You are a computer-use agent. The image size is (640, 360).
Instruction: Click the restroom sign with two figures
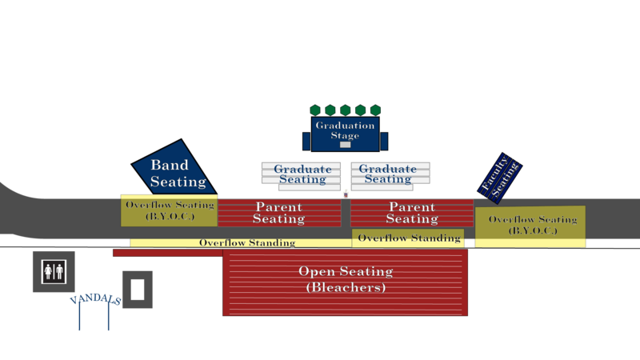[x=54, y=271]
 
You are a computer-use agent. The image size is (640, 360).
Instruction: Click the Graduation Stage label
[x=345, y=130]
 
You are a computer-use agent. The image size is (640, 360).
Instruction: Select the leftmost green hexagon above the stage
[x=314, y=110]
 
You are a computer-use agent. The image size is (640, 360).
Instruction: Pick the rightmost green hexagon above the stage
[x=375, y=110]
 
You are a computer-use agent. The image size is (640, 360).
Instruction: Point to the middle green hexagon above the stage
[x=345, y=110]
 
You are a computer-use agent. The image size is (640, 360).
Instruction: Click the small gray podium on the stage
[x=345, y=145]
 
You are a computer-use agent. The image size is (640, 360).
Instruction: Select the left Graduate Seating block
[x=302, y=174]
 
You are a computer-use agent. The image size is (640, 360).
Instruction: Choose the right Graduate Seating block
[x=390, y=174]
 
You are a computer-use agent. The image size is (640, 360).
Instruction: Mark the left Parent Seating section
[x=278, y=213]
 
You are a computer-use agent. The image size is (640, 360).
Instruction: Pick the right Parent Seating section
[x=411, y=213]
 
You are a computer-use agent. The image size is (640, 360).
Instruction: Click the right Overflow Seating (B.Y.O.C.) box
[x=531, y=225]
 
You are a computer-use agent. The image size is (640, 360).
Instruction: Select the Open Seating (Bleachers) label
[x=345, y=279]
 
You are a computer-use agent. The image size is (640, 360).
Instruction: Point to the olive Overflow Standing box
[x=408, y=238]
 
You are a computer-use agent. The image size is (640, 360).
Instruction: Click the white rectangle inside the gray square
[x=138, y=289]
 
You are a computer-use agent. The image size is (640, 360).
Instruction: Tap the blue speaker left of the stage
[x=306, y=142]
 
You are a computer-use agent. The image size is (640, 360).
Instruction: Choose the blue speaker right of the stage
[x=384, y=142]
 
